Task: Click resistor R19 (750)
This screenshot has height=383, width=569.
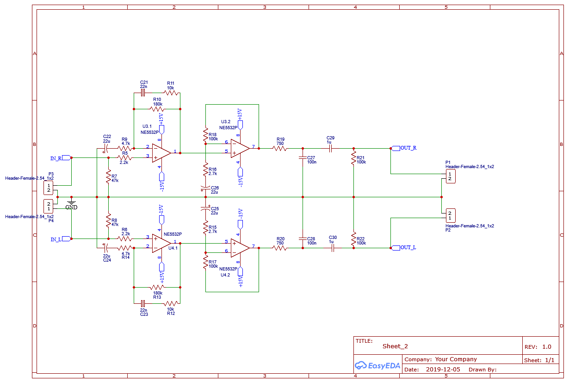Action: (x=280, y=148)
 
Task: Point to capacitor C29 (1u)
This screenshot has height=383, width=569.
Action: (x=330, y=148)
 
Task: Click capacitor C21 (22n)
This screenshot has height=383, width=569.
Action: (x=143, y=93)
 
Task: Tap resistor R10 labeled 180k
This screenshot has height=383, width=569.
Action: (x=157, y=109)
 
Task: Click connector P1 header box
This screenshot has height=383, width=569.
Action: (x=450, y=176)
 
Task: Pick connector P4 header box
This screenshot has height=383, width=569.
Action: (x=49, y=206)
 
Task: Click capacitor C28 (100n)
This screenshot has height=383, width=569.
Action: (x=303, y=239)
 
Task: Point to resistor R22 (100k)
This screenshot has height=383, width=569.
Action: (x=353, y=239)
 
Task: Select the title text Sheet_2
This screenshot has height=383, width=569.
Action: (x=395, y=346)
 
